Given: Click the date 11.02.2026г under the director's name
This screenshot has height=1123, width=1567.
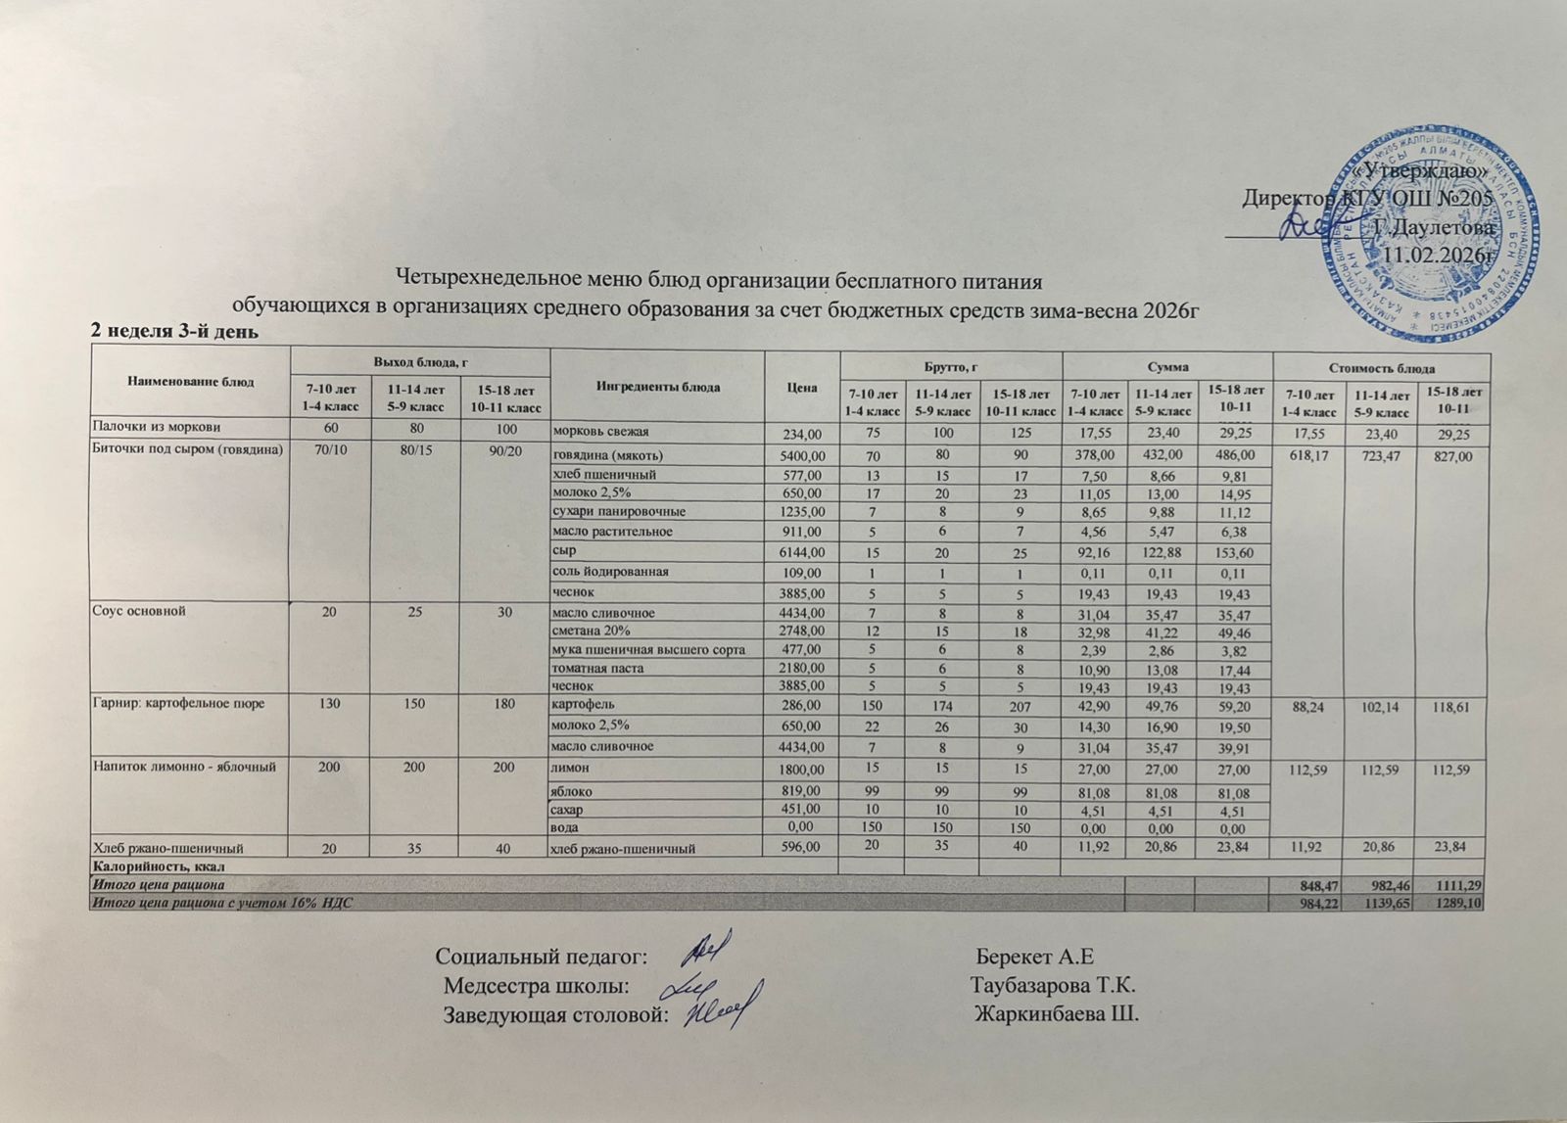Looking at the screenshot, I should click(x=1439, y=255).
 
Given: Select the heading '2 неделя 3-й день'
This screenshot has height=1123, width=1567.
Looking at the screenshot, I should click(x=173, y=332).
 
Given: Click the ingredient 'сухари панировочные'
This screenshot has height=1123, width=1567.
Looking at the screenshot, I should click(x=619, y=511).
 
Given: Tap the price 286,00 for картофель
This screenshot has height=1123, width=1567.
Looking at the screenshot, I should click(x=806, y=706).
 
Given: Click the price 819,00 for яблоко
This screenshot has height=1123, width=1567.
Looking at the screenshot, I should click(x=806, y=790).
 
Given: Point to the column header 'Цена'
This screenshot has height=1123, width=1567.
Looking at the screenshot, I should click(x=801, y=387).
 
